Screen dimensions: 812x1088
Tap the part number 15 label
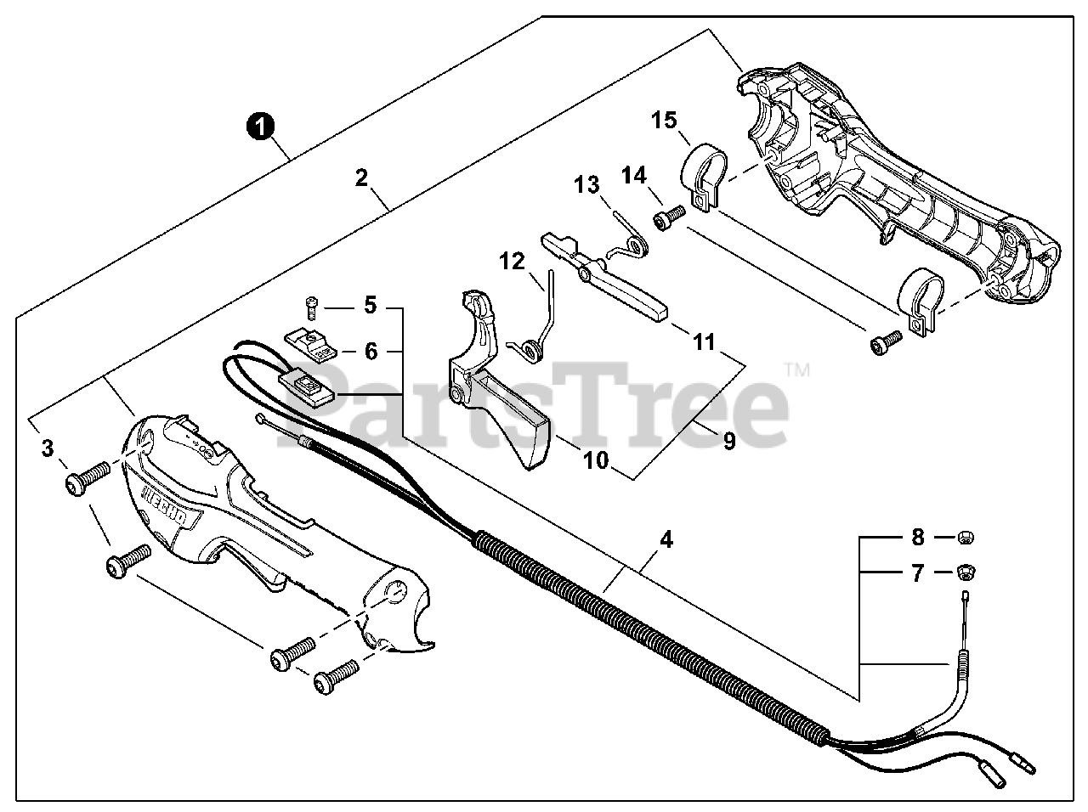(x=664, y=120)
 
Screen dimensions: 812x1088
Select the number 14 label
(x=633, y=176)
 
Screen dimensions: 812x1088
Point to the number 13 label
(x=586, y=184)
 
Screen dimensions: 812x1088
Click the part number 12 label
(x=513, y=262)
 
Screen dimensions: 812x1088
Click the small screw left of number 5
(x=312, y=302)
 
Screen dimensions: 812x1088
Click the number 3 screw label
(x=48, y=448)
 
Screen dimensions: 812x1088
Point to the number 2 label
(x=362, y=178)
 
